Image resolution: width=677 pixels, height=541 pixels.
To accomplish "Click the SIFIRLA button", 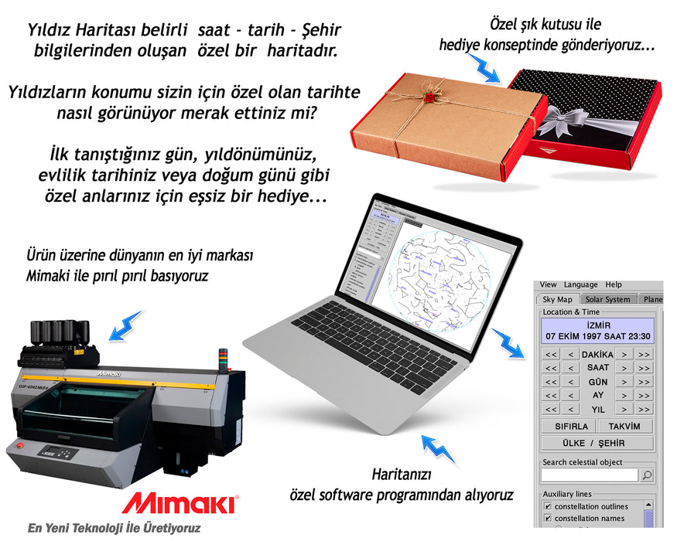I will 571,427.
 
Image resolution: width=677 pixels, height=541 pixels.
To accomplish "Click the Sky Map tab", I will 557,299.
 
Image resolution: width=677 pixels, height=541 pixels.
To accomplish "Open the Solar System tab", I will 607,299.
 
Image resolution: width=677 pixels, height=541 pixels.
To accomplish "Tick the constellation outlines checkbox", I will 547,507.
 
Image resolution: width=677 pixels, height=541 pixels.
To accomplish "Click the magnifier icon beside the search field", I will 647,475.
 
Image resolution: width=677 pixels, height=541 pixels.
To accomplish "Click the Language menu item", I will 580,284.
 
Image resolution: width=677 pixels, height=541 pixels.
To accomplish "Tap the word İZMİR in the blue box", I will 598,325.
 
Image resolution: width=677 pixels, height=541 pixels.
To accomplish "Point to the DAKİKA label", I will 597,354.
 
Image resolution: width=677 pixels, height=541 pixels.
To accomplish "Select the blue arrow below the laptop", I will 436,449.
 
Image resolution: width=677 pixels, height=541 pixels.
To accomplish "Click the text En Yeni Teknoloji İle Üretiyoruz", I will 114,529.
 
